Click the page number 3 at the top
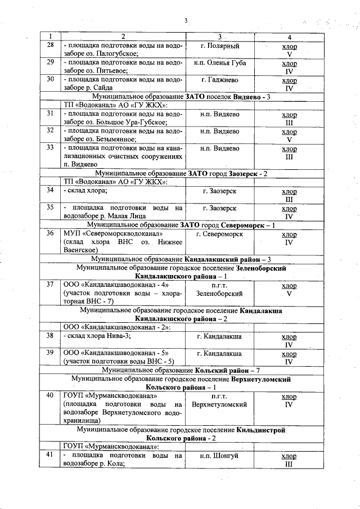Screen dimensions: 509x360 click(185, 21)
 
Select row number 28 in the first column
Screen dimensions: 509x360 click(50, 46)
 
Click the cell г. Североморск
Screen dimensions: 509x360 click(220, 233)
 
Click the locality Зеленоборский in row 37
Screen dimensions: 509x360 click(220, 293)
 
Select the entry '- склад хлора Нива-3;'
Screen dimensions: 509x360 click(96, 336)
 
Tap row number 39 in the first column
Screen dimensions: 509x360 click(50, 353)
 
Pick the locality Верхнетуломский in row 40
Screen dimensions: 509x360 click(220, 404)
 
